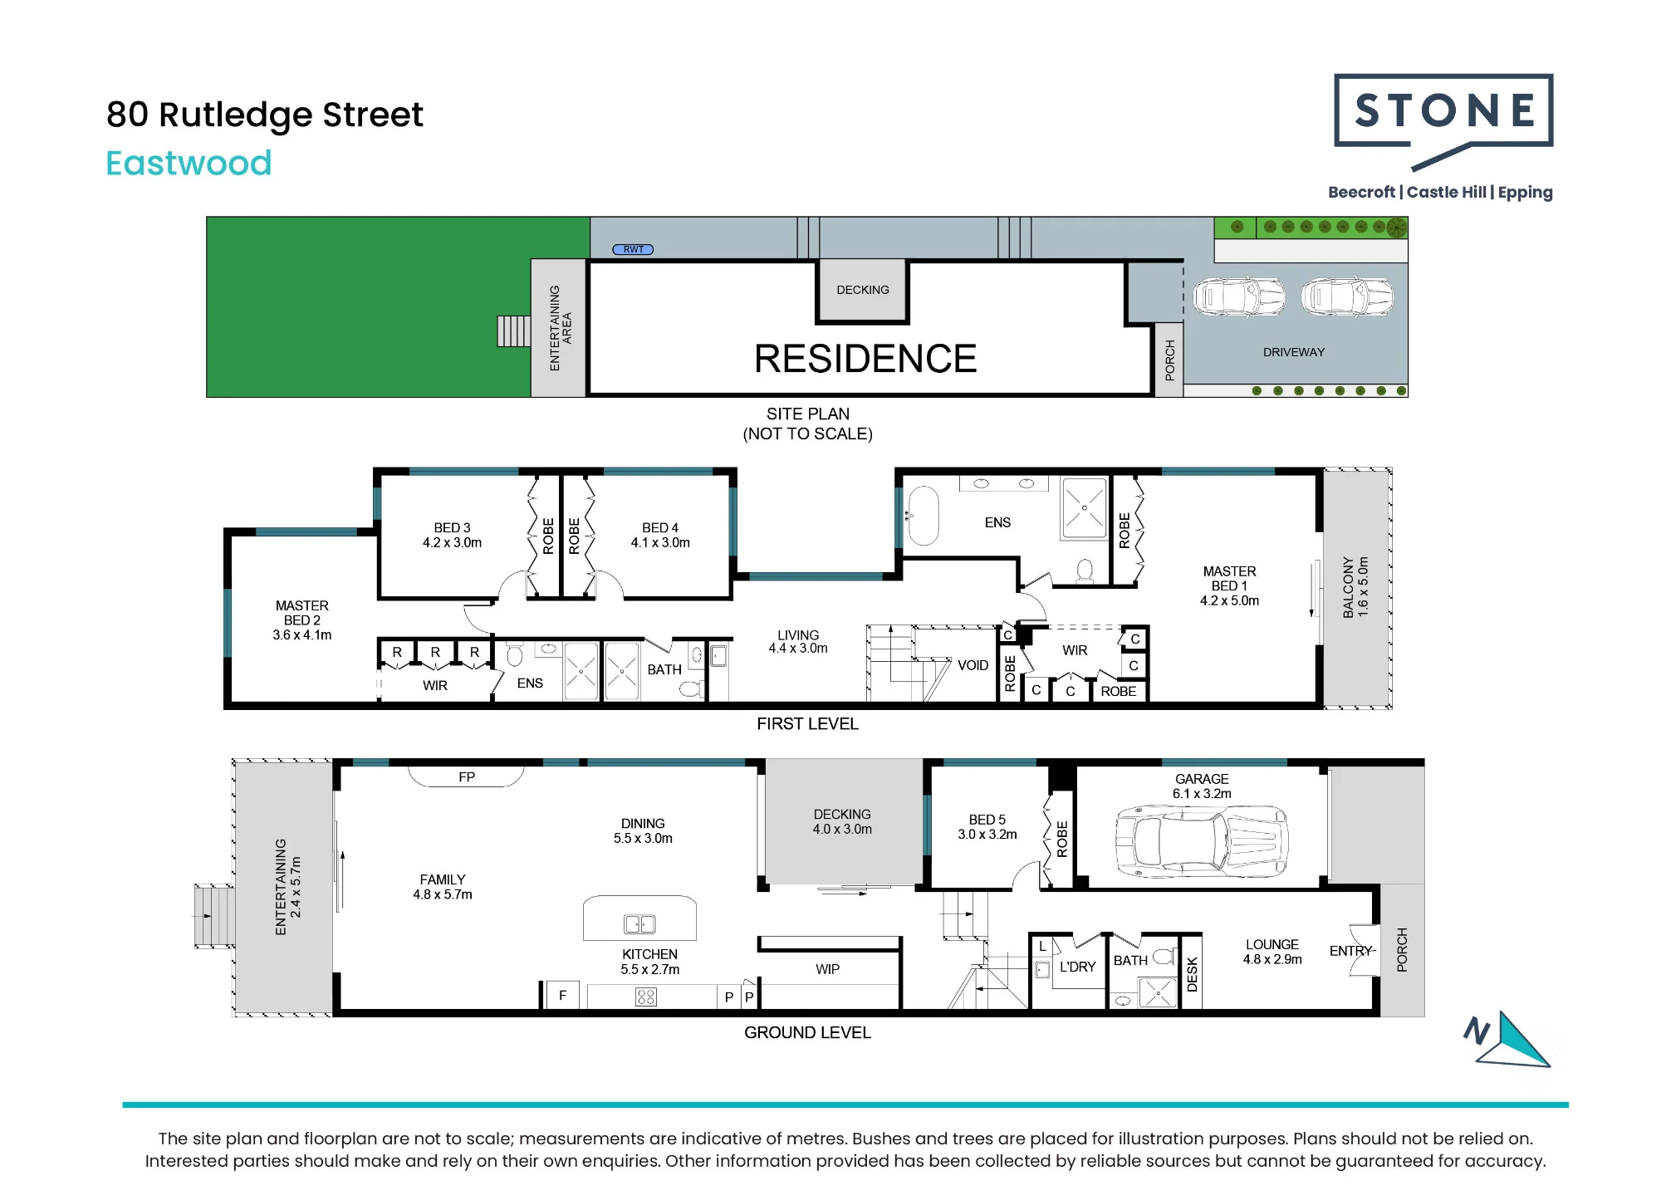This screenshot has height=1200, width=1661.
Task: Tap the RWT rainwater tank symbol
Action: coord(633,249)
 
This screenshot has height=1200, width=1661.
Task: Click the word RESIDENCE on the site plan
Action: coord(865,359)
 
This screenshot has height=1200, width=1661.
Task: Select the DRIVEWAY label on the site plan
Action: coord(1293,352)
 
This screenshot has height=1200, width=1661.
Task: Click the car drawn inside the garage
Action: coord(1201,841)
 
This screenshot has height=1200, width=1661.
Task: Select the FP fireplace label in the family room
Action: coord(467,777)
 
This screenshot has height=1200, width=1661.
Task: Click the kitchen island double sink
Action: coord(639,924)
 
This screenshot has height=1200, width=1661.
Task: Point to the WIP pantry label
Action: coord(827,969)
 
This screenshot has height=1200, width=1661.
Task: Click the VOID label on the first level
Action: coord(973,665)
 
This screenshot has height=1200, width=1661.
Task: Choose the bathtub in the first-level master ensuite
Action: coord(922,516)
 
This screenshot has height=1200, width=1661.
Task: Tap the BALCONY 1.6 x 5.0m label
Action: coord(1355,587)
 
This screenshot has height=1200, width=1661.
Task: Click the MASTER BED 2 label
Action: coord(302,620)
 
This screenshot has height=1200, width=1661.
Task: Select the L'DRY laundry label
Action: coord(1077,967)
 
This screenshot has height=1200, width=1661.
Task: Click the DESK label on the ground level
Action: coord(1192,974)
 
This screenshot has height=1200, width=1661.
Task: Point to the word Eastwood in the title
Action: coord(189,164)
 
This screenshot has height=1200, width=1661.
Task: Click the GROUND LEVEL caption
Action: coord(807,1032)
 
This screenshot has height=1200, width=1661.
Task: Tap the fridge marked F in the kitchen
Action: coord(562,995)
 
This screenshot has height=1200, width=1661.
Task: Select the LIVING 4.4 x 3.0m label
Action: coord(798,641)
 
